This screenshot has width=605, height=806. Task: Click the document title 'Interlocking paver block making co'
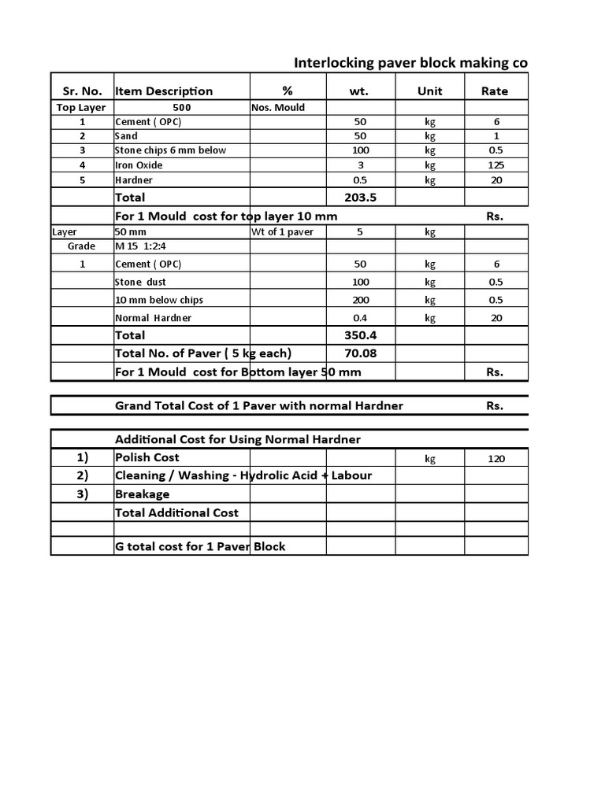(410, 63)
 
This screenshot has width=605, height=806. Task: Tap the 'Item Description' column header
(164, 91)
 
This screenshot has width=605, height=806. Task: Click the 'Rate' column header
(494, 91)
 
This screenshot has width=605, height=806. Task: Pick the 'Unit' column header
(429, 91)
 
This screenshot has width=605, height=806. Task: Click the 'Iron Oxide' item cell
(139, 165)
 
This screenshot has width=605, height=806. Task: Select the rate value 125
(496, 165)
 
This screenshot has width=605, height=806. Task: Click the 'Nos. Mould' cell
(278, 107)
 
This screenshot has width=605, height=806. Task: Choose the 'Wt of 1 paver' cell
(283, 232)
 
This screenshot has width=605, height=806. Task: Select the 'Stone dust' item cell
(140, 282)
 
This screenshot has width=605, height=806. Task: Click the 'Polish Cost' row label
(147, 457)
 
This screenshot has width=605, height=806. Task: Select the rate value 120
(496, 459)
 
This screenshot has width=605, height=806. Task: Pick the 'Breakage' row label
(143, 494)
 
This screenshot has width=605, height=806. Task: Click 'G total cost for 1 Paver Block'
(200, 546)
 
